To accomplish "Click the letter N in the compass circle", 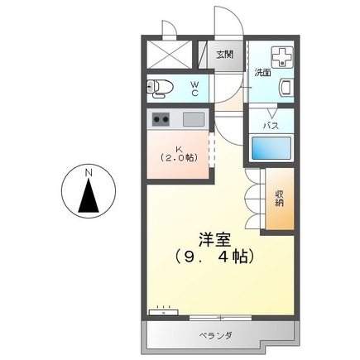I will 88,173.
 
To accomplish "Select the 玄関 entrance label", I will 223,55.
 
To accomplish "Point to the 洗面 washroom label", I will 262,73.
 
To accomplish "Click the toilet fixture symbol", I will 160,87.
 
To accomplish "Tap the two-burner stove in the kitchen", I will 160,119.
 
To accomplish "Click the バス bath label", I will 271,125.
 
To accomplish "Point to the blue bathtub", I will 272,148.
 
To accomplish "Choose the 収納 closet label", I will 280,199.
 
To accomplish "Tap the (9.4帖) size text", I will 214,257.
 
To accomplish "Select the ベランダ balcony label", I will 215,335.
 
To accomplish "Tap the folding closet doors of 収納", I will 252,199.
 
